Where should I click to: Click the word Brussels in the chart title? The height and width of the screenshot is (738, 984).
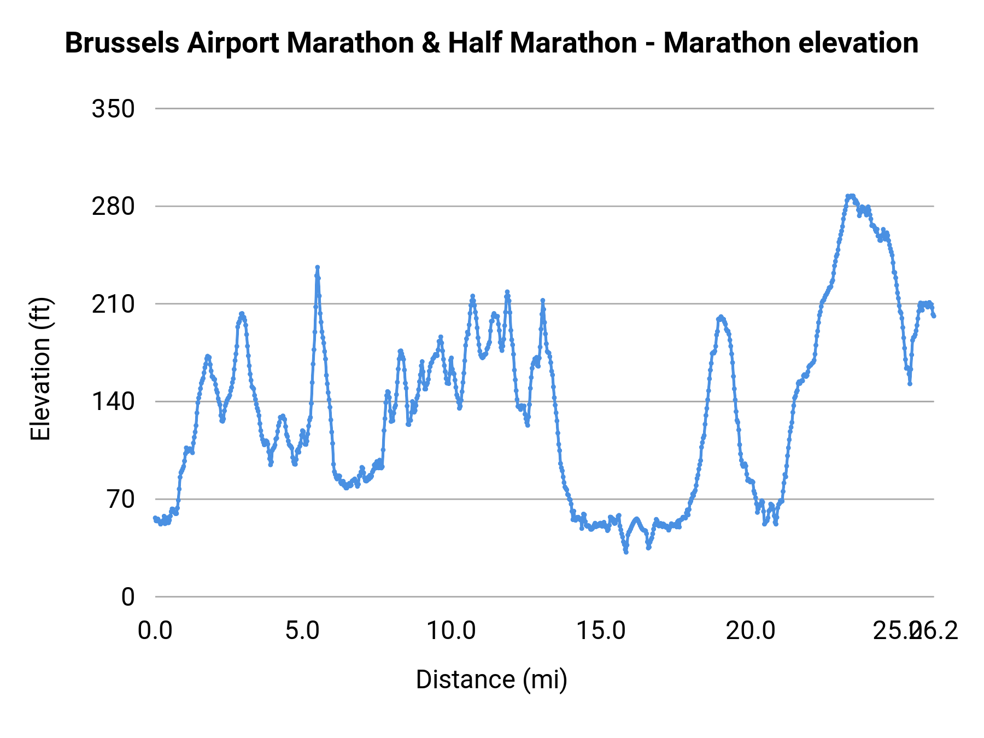tap(122, 43)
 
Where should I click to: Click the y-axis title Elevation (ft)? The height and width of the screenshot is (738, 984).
tap(40, 369)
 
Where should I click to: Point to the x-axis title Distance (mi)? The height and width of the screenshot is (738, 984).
tap(491, 680)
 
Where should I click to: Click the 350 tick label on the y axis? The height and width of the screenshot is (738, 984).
tap(113, 109)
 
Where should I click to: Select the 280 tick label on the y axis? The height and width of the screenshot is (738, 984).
tap(113, 207)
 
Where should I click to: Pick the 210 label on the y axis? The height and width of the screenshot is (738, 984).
tap(113, 304)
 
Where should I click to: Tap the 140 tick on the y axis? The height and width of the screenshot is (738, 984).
tap(113, 402)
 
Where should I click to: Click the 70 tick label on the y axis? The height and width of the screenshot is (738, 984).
tap(121, 499)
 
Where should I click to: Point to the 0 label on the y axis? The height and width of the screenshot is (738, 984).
tap(128, 597)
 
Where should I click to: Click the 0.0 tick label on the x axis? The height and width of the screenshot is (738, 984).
tap(155, 631)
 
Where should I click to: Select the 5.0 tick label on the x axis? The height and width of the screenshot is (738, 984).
tap(303, 631)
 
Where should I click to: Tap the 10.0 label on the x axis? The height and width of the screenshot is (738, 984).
tap(451, 631)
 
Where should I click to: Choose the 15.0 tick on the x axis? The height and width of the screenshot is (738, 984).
tap(601, 631)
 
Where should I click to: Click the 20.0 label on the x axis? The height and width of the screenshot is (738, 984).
tap(750, 631)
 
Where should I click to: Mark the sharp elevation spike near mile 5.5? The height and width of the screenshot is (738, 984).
tap(317, 267)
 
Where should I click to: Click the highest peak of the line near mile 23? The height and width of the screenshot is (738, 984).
tap(850, 196)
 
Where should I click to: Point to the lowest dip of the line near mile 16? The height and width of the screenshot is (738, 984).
tap(626, 552)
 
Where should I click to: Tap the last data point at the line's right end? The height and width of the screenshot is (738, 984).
tap(934, 315)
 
